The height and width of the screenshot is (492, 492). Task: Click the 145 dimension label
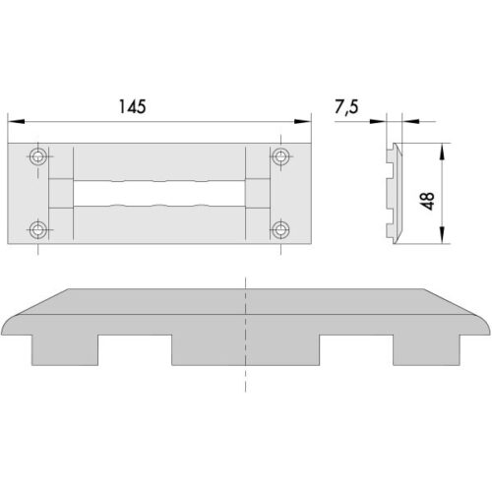[x=132, y=106]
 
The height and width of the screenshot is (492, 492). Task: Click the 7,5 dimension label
[x=346, y=107]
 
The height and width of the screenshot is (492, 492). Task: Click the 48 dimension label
[x=428, y=201]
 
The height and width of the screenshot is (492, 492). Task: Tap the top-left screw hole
[x=38, y=156]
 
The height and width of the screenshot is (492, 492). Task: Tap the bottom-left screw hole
[x=38, y=229]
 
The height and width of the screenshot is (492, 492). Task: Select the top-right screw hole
[x=280, y=156]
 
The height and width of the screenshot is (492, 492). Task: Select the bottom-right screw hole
[x=280, y=229]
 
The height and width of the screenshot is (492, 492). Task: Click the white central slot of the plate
[x=159, y=193]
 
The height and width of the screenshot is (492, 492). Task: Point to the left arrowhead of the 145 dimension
[x=16, y=121]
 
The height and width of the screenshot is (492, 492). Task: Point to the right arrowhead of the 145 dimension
[x=302, y=121]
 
